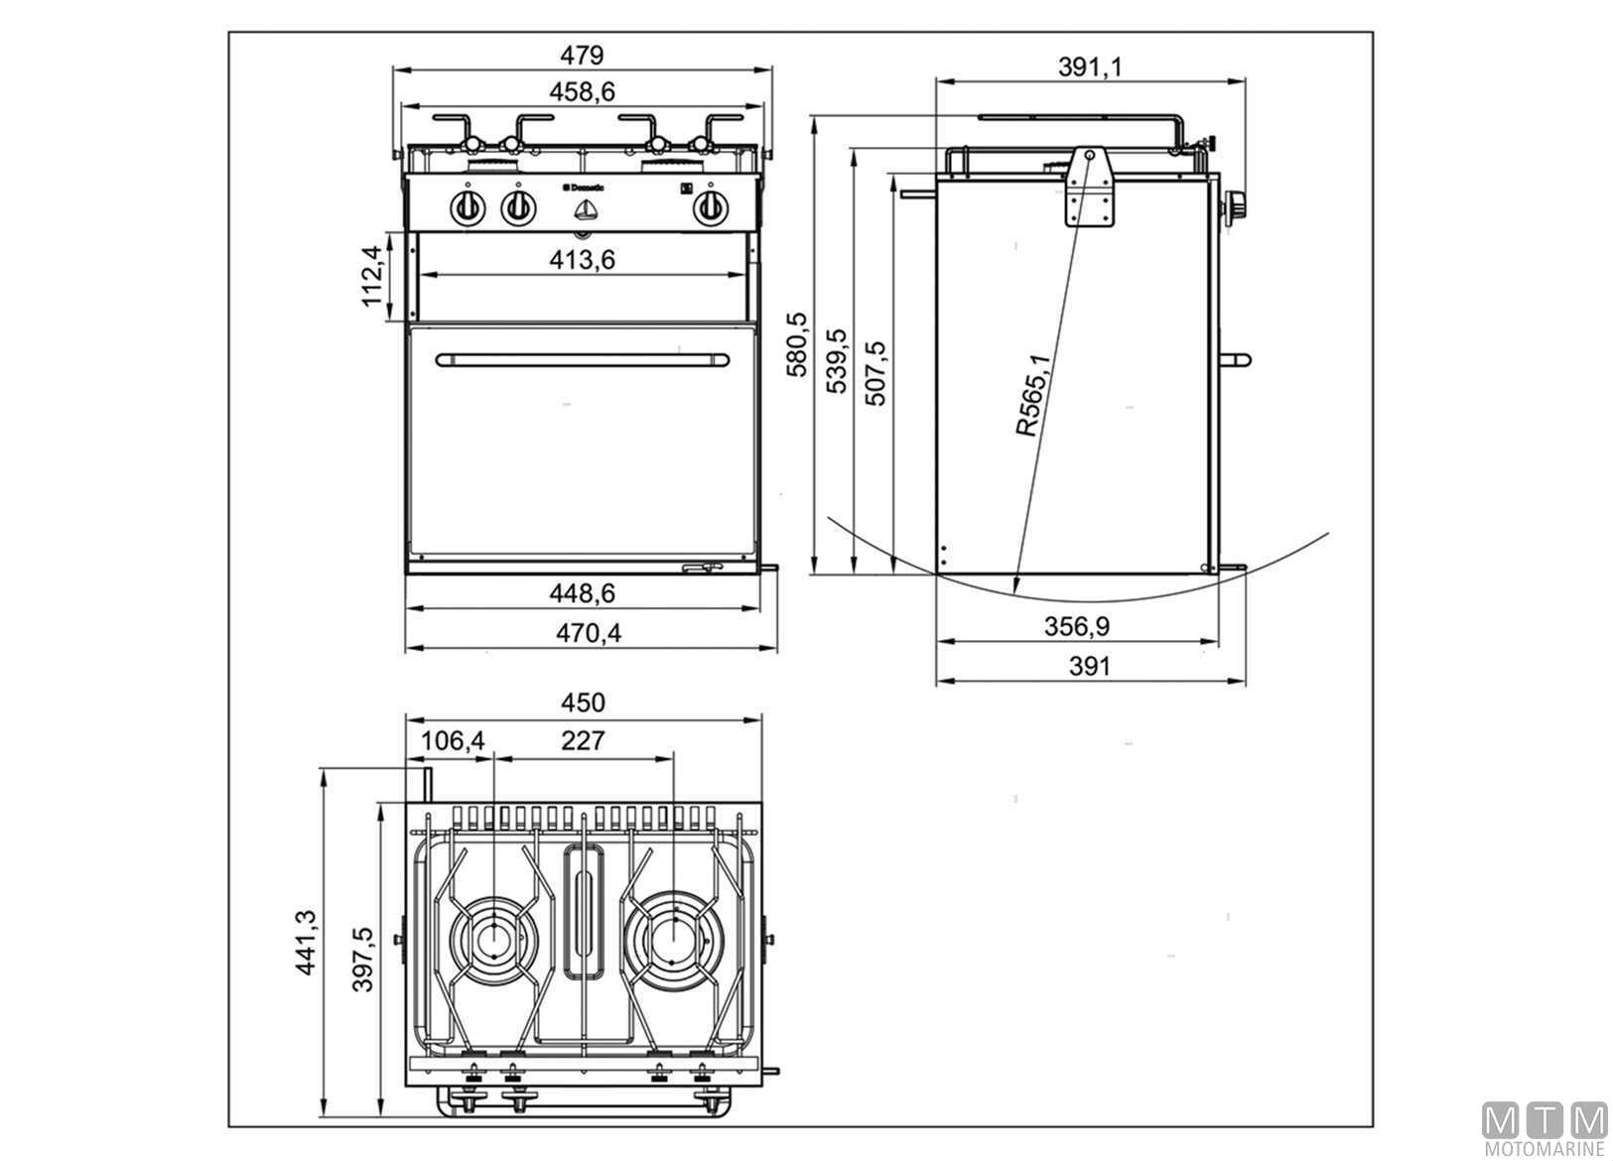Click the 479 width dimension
pyautogui.click(x=582, y=55)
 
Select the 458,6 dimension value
pyautogui.click(x=582, y=91)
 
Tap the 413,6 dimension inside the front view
pyautogui.click(x=582, y=260)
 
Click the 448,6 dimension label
pyautogui.click(x=582, y=593)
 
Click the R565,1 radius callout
pyautogui.click(x=1032, y=395)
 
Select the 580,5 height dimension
pyautogui.click(x=798, y=344)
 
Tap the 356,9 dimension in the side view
pyautogui.click(x=1076, y=626)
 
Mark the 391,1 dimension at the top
pyautogui.click(x=1089, y=66)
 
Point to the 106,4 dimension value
pyautogui.click(x=452, y=741)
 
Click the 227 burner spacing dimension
pyautogui.click(x=583, y=741)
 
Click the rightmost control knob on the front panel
pyautogui.click(x=709, y=208)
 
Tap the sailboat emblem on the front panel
pyautogui.click(x=586, y=210)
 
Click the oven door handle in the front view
pyautogui.click(x=583, y=359)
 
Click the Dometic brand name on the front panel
pyautogui.click(x=590, y=187)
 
